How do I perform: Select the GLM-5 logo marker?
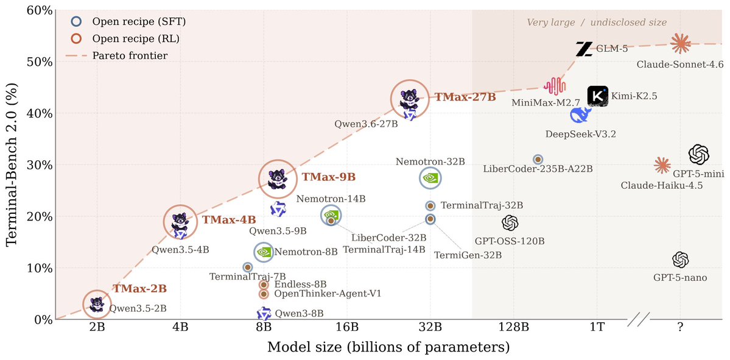pyautogui.click(x=584, y=49)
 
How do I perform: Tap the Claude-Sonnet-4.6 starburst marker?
pyautogui.click(x=681, y=44)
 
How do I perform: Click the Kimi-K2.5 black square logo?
pyautogui.click(x=598, y=96)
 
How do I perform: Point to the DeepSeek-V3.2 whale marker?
pyautogui.click(x=581, y=115)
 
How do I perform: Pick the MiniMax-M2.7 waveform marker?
pyautogui.click(x=555, y=86)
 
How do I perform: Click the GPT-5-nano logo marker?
pyautogui.click(x=681, y=260)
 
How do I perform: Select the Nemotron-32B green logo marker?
pyautogui.click(x=430, y=177)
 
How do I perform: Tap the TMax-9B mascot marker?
pyautogui.click(x=278, y=179)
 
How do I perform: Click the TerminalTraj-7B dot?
pyautogui.click(x=248, y=267)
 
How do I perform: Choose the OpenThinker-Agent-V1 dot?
pyautogui.click(x=264, y=294)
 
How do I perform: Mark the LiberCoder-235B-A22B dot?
pyautogui.click(x=538, y=159)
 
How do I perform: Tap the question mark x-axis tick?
pyautogui.click(x=681, y=327)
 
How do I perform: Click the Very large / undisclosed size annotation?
pyautogui.click(x=597, y=22)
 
